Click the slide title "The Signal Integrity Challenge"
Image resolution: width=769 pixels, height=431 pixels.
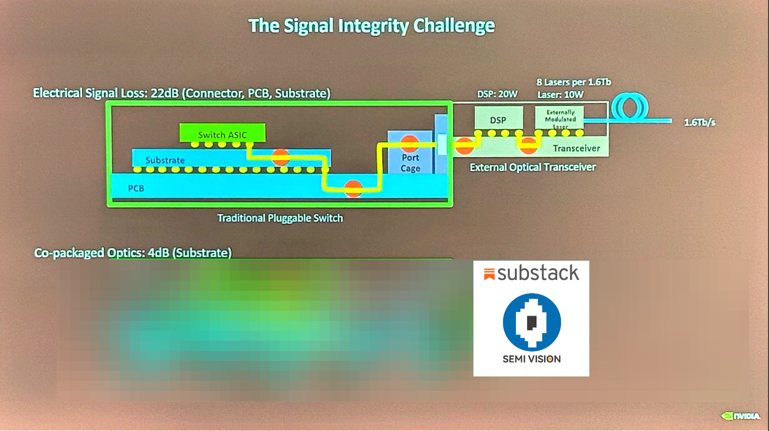[371, 25]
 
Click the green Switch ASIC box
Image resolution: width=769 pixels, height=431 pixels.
[222, 133]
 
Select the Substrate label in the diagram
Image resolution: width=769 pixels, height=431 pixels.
[165, 160]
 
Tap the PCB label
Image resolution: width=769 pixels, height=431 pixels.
[136, 188]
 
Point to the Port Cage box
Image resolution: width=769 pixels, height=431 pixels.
[410, 162]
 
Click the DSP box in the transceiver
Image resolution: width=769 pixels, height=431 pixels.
[498, 120]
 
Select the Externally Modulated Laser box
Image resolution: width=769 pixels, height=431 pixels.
[560, 118]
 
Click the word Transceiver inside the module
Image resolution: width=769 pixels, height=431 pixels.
[576, 149]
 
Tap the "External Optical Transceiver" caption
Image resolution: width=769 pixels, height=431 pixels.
[532, 168]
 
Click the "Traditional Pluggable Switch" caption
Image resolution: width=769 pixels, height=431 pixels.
[280, 218]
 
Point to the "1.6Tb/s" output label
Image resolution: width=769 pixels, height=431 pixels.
[699, 122]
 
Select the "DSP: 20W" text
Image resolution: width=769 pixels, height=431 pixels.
[497, 94]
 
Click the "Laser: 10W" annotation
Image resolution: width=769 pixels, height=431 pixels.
[560, 95]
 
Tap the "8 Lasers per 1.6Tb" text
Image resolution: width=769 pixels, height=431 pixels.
[573, 82]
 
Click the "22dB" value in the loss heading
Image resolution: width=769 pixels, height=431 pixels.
[164, 93]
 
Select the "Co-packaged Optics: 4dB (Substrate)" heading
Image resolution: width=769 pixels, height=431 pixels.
[133, 253]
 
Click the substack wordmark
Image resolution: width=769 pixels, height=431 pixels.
[537, 273]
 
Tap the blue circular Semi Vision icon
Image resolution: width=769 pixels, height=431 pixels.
[532, 322]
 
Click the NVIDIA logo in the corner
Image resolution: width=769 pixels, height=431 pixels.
[741, 416]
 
